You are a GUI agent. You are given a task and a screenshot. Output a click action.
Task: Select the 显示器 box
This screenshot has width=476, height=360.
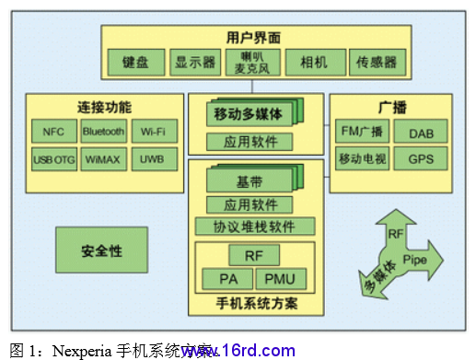193,64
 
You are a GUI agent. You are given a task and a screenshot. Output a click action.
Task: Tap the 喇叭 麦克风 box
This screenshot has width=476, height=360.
247,62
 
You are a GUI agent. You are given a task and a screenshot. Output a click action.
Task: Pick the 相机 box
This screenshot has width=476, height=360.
306,64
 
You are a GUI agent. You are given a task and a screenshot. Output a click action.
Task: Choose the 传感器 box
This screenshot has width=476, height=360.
377,64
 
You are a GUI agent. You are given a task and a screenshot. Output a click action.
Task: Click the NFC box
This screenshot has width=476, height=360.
52,132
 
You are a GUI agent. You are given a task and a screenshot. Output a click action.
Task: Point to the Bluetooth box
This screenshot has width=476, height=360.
102,132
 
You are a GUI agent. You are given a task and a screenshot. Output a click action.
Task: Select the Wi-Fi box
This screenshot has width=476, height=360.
153,132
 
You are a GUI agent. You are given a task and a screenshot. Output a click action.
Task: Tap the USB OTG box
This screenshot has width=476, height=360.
52,159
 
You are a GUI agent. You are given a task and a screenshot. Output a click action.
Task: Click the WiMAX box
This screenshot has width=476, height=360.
102,159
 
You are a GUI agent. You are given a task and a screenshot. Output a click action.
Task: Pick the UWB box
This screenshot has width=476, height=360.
153,159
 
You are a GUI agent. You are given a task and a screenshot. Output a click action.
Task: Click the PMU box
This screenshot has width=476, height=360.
280,278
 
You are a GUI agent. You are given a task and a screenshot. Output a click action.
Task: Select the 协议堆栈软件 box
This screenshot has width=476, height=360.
255,226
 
